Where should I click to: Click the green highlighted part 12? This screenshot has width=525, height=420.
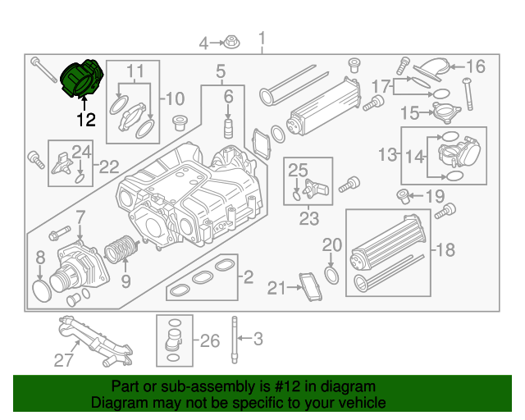pos(82,79)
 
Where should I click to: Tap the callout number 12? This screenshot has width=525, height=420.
pos(86,120)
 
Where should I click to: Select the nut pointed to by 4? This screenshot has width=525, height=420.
pos(231,42)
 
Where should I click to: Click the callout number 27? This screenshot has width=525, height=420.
pos(63,360)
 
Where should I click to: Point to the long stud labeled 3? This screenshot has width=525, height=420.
pos(235,340)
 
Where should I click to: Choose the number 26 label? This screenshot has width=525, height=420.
pos(210,340)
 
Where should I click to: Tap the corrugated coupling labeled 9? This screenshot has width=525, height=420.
pos(121,249)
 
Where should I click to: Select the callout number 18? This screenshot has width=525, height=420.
pos(445,250)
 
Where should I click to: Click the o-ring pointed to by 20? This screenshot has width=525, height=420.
pos(331,276)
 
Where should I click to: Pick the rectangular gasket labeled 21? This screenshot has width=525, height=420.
pos(310,286)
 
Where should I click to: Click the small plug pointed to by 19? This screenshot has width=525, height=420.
pos(403,197)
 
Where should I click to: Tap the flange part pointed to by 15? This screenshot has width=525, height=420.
pos(446,113)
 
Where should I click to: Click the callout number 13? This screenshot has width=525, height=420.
pos(388,155)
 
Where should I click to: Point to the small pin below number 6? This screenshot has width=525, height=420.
pos(228,128)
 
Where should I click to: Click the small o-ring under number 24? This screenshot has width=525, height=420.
pos(80,179)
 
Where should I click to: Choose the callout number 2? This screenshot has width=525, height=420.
pos(248,277)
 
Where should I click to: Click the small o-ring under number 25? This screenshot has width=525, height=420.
pos(297,195)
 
